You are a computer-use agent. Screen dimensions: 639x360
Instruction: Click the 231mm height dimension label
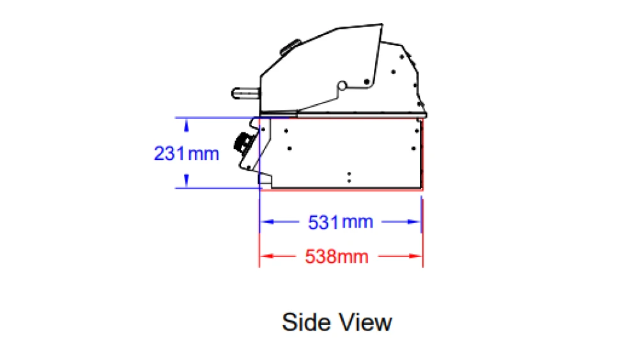187,153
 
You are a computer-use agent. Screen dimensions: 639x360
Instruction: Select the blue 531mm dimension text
341,222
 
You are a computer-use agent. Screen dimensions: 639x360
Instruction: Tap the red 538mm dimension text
337,256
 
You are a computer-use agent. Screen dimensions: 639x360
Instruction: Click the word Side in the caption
306,322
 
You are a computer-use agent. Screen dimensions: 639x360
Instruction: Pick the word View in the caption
366,322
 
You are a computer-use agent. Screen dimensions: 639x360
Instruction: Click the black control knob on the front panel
243,143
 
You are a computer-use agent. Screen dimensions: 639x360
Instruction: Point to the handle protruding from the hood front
246,93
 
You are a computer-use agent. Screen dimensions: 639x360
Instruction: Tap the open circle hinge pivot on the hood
342,86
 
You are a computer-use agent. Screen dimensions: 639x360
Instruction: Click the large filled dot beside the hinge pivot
367,82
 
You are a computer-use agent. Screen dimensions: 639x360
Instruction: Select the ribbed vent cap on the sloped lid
290,47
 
